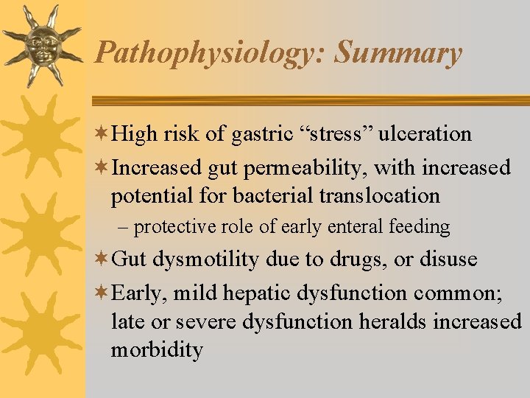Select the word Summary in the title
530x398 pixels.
click(x=398, y=54)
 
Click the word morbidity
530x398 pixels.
click(x=157, y=349)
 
